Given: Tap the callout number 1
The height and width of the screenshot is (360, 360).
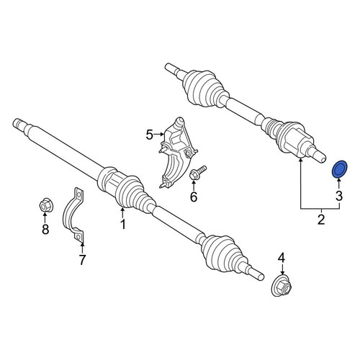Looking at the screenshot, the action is point(123,225).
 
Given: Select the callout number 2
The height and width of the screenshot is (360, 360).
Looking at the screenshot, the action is point(321,220).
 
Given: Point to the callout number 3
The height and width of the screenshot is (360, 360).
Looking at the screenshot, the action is point(339,196).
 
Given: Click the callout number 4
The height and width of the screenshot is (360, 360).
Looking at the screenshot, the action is point(282,258).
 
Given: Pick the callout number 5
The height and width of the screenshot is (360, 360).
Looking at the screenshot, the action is point(149,135).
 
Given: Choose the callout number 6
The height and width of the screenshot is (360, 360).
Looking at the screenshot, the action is point(194,197).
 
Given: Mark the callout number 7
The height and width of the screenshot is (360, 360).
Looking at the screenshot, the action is point(82,260).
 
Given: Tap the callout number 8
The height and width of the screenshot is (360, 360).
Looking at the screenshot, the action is point(45,229).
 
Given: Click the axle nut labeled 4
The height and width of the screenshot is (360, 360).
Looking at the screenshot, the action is point(282,287).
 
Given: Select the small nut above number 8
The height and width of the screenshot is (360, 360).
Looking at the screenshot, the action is point(46,206).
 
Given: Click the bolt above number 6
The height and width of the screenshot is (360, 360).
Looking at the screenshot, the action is point(198,173).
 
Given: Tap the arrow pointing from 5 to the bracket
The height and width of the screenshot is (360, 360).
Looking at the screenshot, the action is point(158,135).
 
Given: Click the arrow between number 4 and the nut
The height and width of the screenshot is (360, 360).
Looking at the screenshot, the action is point(282,269).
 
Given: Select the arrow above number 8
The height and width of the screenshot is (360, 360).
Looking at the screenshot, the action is point(45,218).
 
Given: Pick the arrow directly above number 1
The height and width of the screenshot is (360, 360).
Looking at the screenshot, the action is point(122,213).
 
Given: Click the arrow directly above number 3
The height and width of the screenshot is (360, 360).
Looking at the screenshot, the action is point(339,184).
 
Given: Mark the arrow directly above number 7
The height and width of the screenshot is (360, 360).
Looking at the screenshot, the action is point(82,248).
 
